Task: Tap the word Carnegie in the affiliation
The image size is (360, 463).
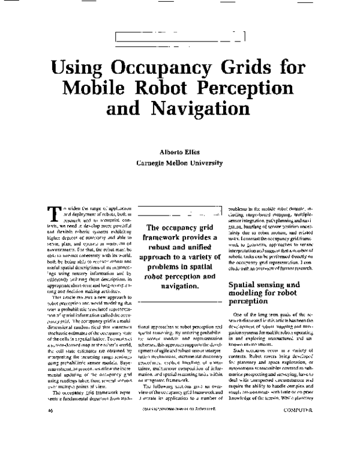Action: click(154, 163)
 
